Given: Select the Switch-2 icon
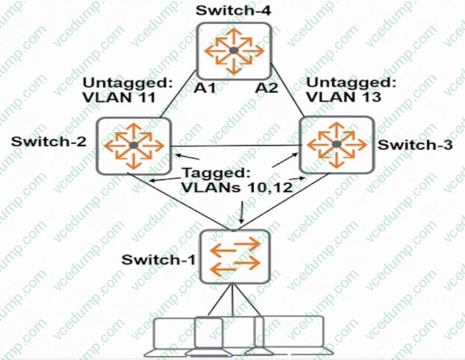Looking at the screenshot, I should pos(134,145).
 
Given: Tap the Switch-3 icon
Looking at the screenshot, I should pos(337,144).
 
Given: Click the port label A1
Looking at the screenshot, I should pos(205,88).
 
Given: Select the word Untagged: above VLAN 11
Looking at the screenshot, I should pos(128,83).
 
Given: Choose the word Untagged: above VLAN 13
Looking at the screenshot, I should pos(350,82).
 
